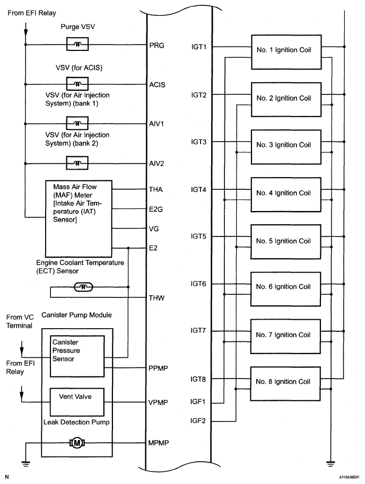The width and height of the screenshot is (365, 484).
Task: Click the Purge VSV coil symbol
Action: point(77,44)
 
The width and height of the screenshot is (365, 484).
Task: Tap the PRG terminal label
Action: point(157,46)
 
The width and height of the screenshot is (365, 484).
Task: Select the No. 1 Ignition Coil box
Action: point(286,52)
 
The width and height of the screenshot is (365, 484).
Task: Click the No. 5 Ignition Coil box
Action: point(285,242)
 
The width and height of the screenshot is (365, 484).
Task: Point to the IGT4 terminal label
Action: point(198,190)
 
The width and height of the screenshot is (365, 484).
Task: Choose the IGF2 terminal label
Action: point(198,421)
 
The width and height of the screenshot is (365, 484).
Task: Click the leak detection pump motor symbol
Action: point(77,443)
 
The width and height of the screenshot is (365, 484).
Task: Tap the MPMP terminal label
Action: point(159,443)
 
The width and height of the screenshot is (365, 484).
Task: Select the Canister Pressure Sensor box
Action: point(77,357)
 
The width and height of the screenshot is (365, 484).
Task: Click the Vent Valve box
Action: point(77,402)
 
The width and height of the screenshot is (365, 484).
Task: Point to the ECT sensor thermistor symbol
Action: point(83,287)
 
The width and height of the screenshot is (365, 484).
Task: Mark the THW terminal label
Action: point(157,298)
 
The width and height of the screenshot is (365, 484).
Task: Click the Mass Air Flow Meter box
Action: point(79,218)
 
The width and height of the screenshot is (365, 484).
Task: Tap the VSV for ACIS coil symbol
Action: point(77,84)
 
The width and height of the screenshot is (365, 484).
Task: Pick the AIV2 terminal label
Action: point(157,164)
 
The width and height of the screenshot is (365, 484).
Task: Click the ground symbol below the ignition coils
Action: point(331,464)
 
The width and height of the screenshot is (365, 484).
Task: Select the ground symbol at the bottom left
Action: point(25,464)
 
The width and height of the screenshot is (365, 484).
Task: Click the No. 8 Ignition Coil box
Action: point(285,384)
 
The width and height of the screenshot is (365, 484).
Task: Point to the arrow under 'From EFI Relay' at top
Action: point(25,29)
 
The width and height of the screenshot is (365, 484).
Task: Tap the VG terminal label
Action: point(154,229)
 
